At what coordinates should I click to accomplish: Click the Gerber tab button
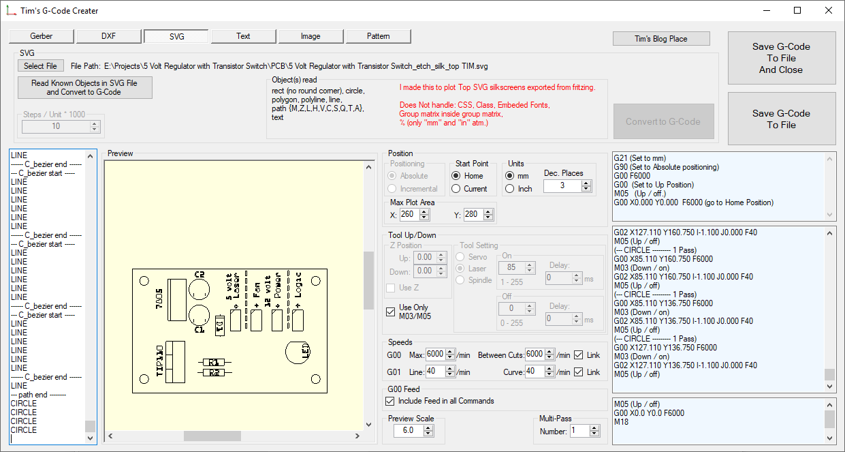[42, 36]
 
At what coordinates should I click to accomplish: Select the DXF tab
[109, 36]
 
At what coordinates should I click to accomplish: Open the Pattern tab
[379, 36]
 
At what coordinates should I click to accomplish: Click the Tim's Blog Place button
[661, 39]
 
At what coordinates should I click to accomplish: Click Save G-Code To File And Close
[781, 58]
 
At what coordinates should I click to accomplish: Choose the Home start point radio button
[457, 176]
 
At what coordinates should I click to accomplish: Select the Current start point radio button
[457, 189]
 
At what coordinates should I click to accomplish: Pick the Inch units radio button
[511, 189]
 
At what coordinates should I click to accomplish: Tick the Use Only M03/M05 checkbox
[391, 312]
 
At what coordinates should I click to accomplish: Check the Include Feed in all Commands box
[391, 401]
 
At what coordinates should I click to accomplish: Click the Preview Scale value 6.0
[408, 430]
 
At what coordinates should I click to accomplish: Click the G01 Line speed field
[434, 372]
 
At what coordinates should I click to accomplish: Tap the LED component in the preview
[298, 352]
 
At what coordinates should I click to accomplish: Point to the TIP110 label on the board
[160, 361]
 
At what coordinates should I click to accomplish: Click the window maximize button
[797, 10]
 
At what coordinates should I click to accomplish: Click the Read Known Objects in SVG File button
[85, 87]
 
